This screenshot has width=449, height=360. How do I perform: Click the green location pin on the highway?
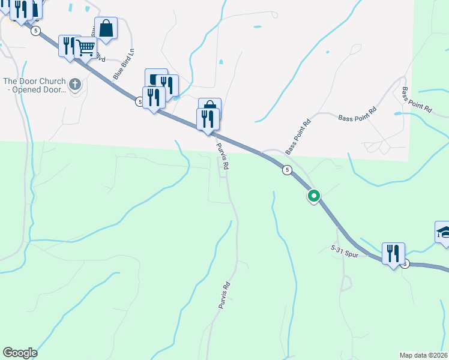(x=313, y=196)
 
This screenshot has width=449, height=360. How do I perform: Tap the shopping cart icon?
(x=86, y=47)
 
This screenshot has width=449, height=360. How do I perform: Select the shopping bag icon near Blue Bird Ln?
(x=106, y=28)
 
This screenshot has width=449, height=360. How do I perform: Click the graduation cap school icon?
(x=444, y=232)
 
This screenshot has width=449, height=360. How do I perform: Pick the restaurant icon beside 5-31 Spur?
(x=393, y=253)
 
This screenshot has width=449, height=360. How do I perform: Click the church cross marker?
(x=75, y=84)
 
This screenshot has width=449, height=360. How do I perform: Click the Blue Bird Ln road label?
(x=123, y=65)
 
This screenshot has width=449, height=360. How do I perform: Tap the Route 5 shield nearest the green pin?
(x=287, y=170)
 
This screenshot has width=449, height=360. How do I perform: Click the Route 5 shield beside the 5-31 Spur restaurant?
(x=405, y=264)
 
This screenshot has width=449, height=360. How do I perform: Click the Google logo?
(x=20, y=353)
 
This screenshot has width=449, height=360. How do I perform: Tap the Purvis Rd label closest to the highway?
(x=223, y=157)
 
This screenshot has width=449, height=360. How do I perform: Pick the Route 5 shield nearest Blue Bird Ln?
(x=139, y=103)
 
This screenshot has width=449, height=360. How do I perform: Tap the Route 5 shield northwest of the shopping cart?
(x=36, y=30)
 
